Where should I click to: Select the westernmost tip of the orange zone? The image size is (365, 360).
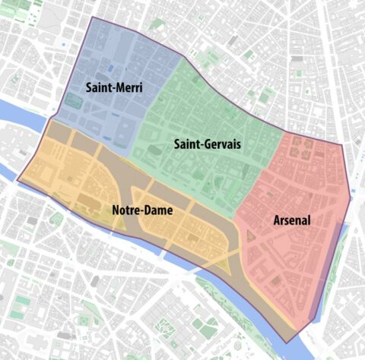(18, 180)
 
